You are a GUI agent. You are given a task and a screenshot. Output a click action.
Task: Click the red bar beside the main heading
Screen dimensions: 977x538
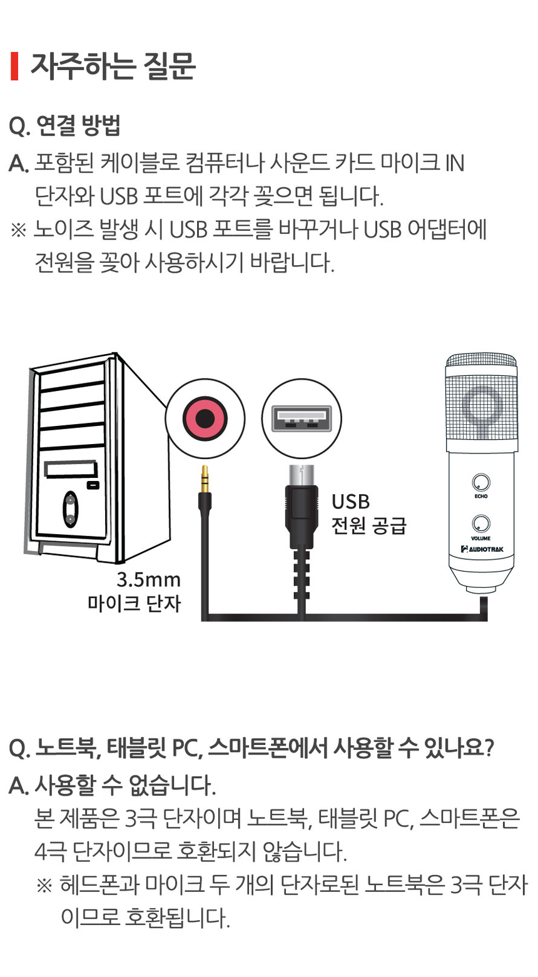[x=14, y=67]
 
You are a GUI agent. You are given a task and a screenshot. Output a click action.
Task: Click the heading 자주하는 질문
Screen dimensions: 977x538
[x=113, y=67]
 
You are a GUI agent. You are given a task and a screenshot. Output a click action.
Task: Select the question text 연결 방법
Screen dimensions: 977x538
[x=78, y=126]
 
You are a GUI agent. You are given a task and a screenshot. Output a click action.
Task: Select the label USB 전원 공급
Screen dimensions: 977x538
[x=368, y=514]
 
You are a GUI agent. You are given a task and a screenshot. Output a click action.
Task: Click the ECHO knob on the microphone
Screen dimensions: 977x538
[x=481, y=482]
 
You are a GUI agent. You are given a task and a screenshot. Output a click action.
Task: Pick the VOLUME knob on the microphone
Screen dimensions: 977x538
[x=481, y=524]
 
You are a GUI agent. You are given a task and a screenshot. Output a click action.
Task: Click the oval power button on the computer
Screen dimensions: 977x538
[x=71, y=509]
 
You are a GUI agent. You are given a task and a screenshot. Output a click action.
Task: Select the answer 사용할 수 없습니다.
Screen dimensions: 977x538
[x=125, y=785]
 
